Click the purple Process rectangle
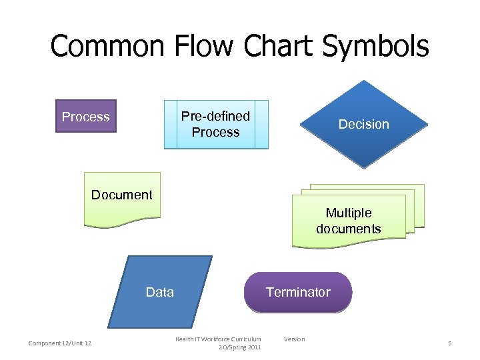[x=85, y=117]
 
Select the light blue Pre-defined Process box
[x=215, y=124]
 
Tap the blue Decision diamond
[x=363, y=124]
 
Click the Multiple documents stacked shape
[x=349, y=220]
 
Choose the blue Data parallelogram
[x=159, y=291]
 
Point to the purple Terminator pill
[x=298, y=292]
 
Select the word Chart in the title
[x=279, y=47]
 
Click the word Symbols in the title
[x=375, y=47]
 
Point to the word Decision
[x=363, y=124]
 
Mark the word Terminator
[x=298, y=292]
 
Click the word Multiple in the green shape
[x=349, y=213]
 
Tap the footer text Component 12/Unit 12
[x=60, y=343]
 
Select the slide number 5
[x=449, y=343]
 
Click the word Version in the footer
[x=294, y=339]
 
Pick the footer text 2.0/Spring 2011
[x=240, y=347]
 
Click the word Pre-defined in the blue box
[x=215, y=116]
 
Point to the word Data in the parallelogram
[x=159, y=291]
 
